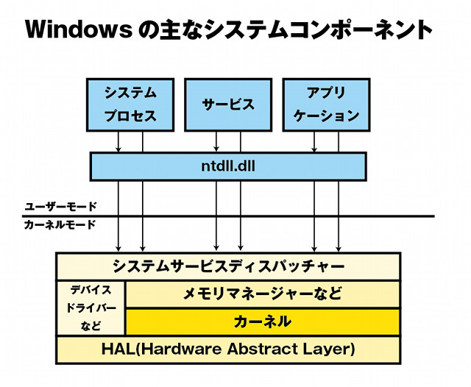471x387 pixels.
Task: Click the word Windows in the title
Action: [79, 29]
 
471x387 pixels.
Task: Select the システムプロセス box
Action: [130, 104]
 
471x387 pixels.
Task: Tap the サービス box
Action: [228, 104]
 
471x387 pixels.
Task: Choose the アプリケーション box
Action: [326, 104]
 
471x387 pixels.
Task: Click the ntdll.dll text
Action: [228, 166]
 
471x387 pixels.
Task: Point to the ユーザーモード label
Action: [60, 207]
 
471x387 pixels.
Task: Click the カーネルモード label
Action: [60, 224]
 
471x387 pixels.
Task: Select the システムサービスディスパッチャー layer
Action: [228, 266]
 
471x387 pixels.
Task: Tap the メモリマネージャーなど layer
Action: [263, 294]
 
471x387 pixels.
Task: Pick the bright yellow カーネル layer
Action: [263, 322]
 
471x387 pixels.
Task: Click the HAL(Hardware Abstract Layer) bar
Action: [228, 349]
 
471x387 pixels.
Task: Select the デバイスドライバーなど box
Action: [91, 308]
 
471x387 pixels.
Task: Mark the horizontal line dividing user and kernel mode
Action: [228, 216]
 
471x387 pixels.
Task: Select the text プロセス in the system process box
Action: [130, 116]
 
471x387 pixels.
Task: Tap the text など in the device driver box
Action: [91, 325]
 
